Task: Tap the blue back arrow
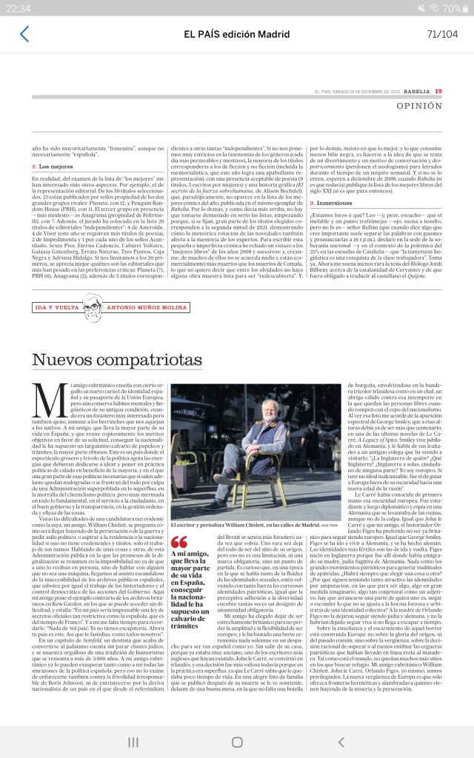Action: pyautogui.click(x=24, y=34)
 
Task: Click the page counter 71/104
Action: pyautogui.click(x=442, y=34)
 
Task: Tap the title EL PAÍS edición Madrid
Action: pyautogui.click(x=236, y=34)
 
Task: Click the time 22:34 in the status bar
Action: pyautogui.click(x=19, y=8)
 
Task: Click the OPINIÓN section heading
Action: pyautogui.click(x=419, y=106)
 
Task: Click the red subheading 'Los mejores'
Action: pyautogui.click(x=54, y=167)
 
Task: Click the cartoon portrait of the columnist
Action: pyautogui.click(x=92, y=306)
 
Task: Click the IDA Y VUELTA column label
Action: pyautogui.click(x=56, y=307)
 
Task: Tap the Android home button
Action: pyautogui.click(x=237, y=742)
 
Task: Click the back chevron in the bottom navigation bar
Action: pyautogui.click(x=341, y=742)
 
